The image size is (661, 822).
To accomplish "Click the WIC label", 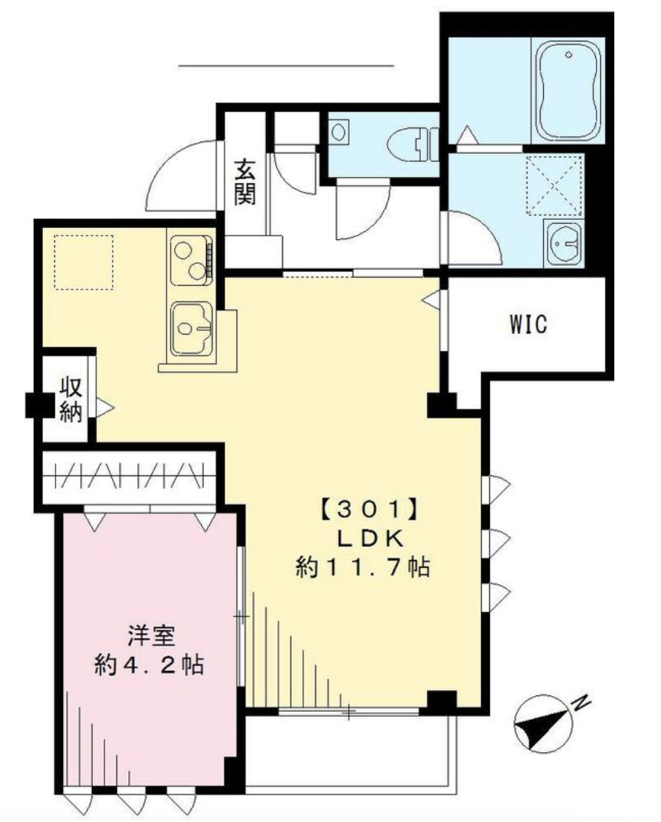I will pyautogui.click(x=528, y=324).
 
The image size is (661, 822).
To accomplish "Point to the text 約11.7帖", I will pyautogui.click(x=363, y=567).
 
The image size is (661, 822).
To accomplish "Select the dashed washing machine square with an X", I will pyautogui.click(x=554, y=185).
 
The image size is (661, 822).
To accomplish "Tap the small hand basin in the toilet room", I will pyautogui.click(x=339, y=133).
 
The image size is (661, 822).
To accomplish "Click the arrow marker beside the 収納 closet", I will pyautogui.click(x=104, y=407).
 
